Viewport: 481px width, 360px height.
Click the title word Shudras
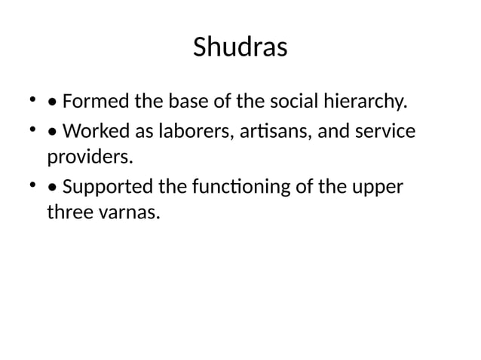[x=240, y=47]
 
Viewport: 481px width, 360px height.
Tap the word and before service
[x=335, y=131]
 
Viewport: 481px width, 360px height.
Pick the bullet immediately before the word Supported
[x=51, y=187]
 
